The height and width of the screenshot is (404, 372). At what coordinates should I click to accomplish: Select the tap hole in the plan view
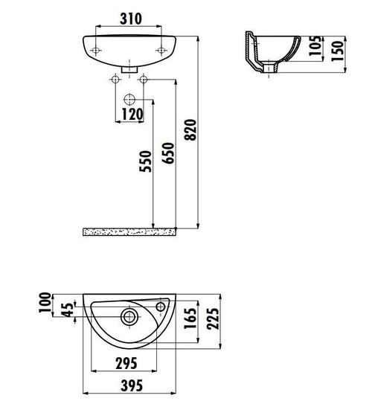click(161, 306)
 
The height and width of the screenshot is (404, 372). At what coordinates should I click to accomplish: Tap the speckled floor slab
click(130, 232)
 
